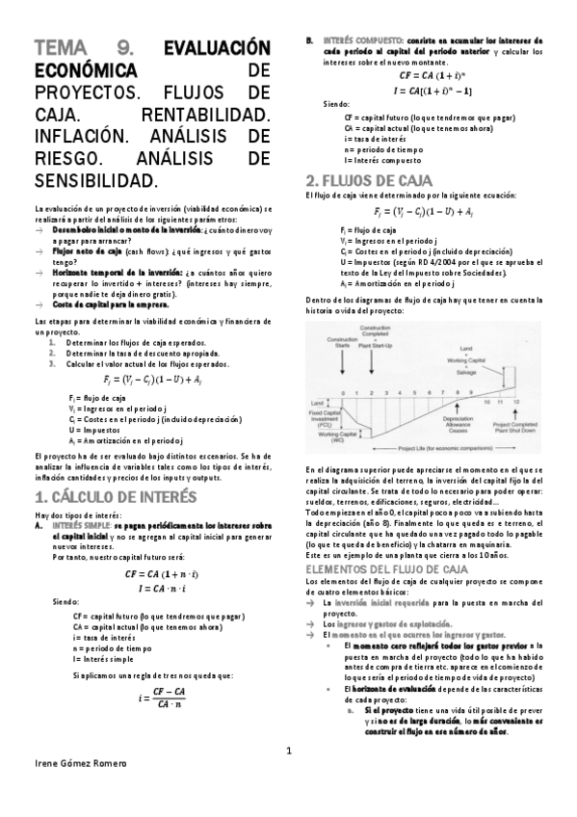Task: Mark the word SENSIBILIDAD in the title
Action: (x=93, y=180)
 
